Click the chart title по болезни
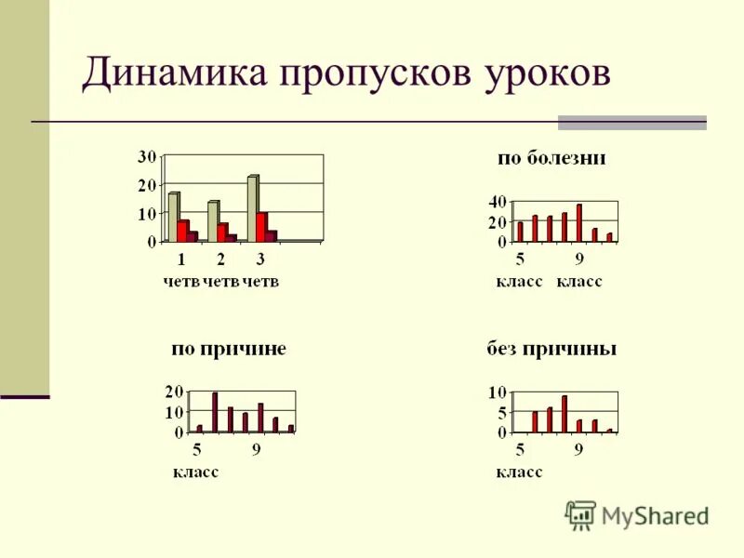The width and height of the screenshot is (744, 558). [551, 158]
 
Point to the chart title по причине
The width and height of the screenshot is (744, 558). [228, 350]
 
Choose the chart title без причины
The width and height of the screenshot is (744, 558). [551, 350]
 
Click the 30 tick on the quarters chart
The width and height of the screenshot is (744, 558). [147, 156]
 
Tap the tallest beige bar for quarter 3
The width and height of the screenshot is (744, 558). [252, 207]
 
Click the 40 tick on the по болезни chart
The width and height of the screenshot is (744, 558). [498, 202]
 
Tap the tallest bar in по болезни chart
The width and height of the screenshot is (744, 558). [578, 222]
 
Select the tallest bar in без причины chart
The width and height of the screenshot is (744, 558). [564, 414]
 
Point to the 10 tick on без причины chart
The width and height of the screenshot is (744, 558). [498, 392]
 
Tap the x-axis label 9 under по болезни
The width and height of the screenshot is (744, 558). [578, 259]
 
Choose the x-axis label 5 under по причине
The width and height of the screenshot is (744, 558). [197, 450]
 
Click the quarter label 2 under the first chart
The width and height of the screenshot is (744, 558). [220, 259]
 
